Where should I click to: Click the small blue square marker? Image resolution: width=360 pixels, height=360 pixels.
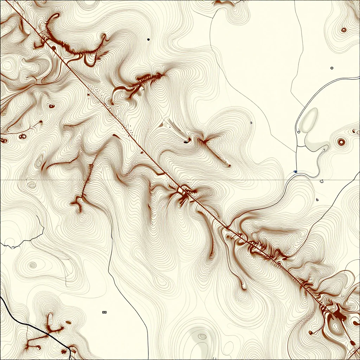[x=295, y=172]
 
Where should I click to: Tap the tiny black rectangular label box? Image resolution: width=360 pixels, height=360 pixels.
[x=104, y=312]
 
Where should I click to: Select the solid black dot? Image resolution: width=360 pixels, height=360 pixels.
[x=148, y=39]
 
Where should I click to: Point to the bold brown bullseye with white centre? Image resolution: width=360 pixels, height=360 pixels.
[x=341, y=142]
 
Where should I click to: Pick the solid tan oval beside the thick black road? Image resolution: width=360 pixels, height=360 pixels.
[x=68, y=322]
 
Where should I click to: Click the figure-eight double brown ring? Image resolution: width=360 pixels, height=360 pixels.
[x=23, y=136]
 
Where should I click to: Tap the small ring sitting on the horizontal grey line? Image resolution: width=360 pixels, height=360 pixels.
[x=321, y=181]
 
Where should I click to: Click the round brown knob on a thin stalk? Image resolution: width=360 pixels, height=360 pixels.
[x=311, y=332]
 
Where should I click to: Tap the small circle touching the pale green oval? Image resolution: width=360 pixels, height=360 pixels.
[x=298, y=131]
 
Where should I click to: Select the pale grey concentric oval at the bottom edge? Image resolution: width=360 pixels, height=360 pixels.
[x=202, y=336]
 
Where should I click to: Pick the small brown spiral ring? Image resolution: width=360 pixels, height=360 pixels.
[x=343, y=30]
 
